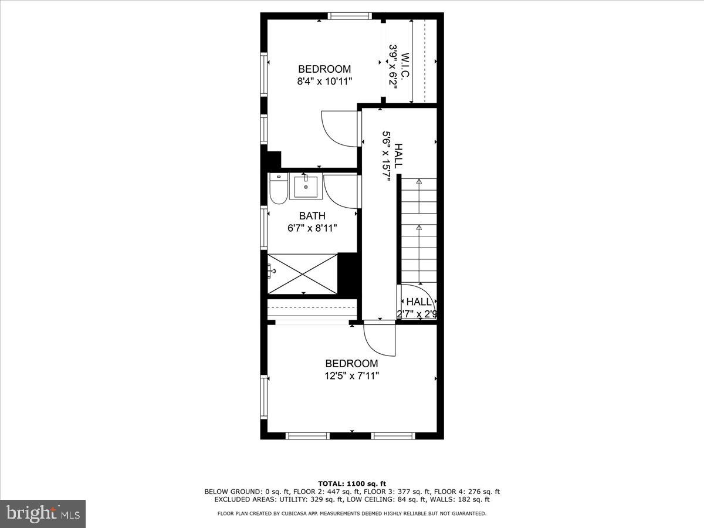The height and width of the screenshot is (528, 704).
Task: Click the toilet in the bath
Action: pos(279,189)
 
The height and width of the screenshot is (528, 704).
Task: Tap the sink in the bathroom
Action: pos(305,187)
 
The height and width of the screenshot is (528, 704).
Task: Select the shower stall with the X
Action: pos(303,273)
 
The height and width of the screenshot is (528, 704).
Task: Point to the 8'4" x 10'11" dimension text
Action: pos(324,82)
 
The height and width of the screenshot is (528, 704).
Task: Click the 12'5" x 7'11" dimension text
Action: pos(351,375)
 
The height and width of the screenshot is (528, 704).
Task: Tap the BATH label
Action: pos(312,216)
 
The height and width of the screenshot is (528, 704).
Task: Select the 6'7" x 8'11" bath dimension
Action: pos(312,228)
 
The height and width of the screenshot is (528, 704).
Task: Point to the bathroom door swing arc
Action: pos(340,191)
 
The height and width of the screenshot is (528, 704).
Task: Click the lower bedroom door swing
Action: pos(380,339)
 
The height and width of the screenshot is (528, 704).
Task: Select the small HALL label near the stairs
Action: pos(419,302)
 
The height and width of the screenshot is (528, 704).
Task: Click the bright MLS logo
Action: pos(43,513)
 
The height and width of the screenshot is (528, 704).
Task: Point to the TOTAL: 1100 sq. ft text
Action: pos(351,483)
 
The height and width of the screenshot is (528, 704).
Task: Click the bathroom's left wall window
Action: pos(264,225)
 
